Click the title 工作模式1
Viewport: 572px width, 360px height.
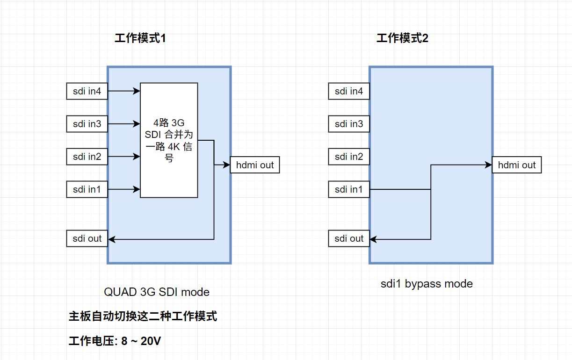coord(140,38)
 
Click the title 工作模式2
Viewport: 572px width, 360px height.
coord(402,38)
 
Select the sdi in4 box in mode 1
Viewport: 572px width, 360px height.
coord(87,91)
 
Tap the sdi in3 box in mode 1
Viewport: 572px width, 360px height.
coord(87,124)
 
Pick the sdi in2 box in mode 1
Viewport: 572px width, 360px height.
coord(87,157)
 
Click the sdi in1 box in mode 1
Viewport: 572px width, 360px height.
coord(87,189)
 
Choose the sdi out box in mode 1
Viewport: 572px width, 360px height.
coord(87,238)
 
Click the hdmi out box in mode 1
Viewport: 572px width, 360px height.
coord(255,165)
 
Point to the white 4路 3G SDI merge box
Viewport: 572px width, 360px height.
coord(169,140)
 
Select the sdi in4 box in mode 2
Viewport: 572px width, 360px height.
coord(349,91)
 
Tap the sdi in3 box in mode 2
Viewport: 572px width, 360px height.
coord(349,124)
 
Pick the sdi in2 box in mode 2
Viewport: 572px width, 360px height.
coord(349,157)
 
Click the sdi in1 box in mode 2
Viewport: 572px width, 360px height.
coord(349,189)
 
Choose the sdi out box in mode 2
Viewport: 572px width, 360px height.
coord(349,238)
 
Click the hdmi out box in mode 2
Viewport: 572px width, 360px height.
coord(517,165)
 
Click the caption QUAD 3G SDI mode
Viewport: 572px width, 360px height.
coord(157,292)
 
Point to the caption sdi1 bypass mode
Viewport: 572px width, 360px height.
coord(427,284)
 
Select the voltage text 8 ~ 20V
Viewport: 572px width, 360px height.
coord(141,341)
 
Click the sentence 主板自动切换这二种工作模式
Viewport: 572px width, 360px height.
coord(143,317)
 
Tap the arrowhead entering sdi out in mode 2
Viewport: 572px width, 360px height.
coord(373,239)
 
